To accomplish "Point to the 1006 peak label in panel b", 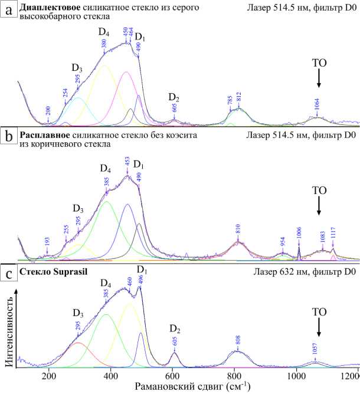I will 299,232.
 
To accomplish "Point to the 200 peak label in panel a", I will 48,112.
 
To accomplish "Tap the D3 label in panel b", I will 78,209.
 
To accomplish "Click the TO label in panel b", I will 319,191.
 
